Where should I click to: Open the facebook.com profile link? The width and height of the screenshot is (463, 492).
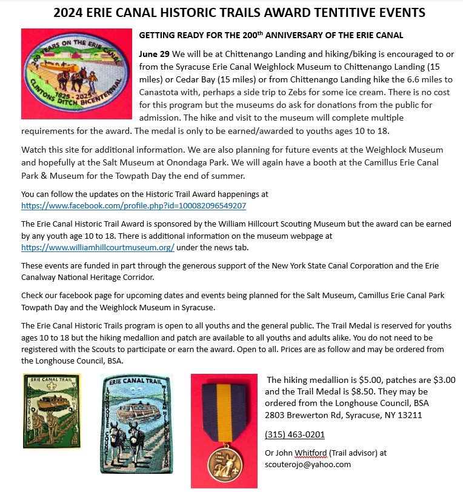133,206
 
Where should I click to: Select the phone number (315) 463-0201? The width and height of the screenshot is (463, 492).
295,434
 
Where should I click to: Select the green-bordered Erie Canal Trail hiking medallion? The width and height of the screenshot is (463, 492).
52,410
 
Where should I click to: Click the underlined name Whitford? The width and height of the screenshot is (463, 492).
310,453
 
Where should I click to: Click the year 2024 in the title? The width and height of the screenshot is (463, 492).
70,13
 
